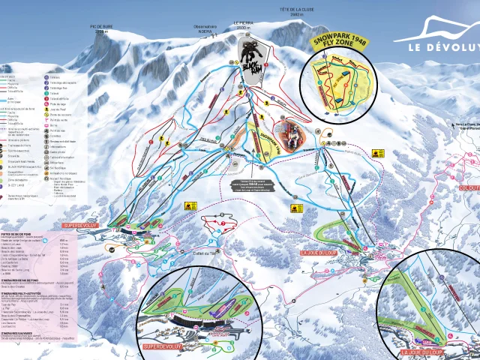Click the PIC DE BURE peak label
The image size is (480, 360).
pyautogui.click(x=101, y=28)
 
